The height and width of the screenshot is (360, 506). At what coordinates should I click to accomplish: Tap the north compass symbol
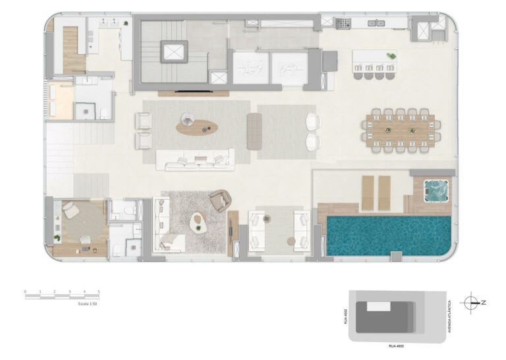472,303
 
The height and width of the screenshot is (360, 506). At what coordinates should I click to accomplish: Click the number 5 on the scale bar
98,291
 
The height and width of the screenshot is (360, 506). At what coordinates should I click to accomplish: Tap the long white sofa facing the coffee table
195,159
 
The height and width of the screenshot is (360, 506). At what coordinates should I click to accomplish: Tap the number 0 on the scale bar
25,291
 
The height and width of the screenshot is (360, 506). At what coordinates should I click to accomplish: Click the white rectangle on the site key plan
378,307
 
